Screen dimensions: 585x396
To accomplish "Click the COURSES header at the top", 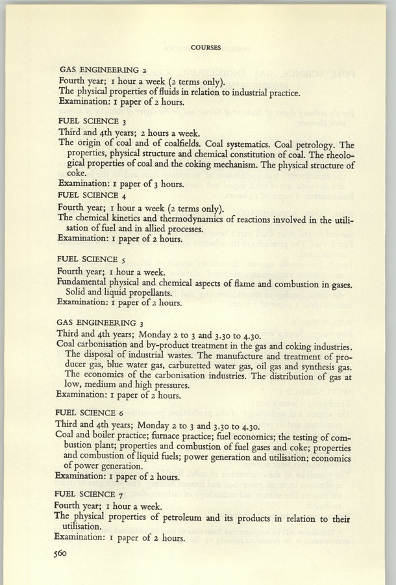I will tap(208, 47).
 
